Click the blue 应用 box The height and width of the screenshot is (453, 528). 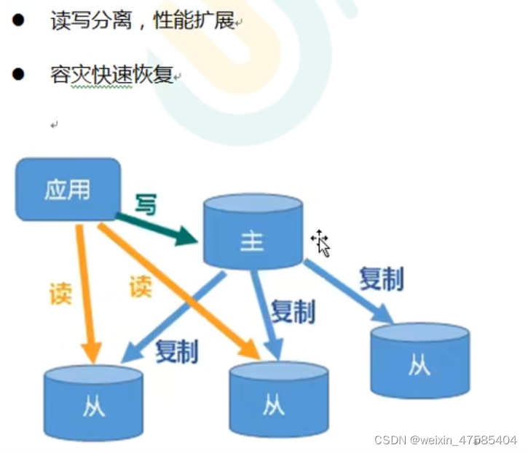coord(68,189)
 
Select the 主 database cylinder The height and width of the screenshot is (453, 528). coord(252,231)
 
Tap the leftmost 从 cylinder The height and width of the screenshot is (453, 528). coord(93,404)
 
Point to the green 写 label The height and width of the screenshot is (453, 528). coord(146,204)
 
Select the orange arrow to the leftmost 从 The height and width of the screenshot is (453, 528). coord(86,291)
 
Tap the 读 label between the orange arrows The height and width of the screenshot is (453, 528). coord(141,286)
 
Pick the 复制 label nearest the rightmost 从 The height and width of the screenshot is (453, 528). coord(381,278)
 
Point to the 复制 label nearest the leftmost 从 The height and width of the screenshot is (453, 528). coord(176,351)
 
